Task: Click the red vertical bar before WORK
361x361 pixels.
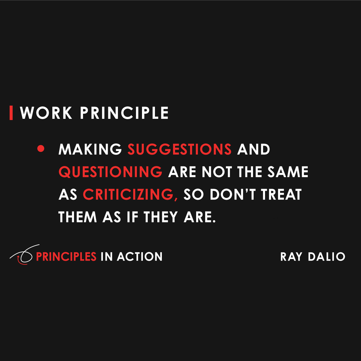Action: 11,113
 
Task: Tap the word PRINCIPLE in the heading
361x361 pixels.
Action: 124,113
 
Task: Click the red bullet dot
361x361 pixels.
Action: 41,149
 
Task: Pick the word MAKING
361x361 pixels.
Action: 90,149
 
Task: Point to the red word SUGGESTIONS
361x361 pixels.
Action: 180,149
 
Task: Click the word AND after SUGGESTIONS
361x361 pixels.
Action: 254,149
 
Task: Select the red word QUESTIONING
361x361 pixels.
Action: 110,172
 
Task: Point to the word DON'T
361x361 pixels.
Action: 233,194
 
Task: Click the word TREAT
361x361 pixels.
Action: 282,194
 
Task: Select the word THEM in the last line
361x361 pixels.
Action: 78,217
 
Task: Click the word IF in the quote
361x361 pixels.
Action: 132,217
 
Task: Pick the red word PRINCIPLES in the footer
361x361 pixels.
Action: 66,257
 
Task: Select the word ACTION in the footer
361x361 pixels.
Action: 140,257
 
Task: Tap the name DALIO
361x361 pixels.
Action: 327,257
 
